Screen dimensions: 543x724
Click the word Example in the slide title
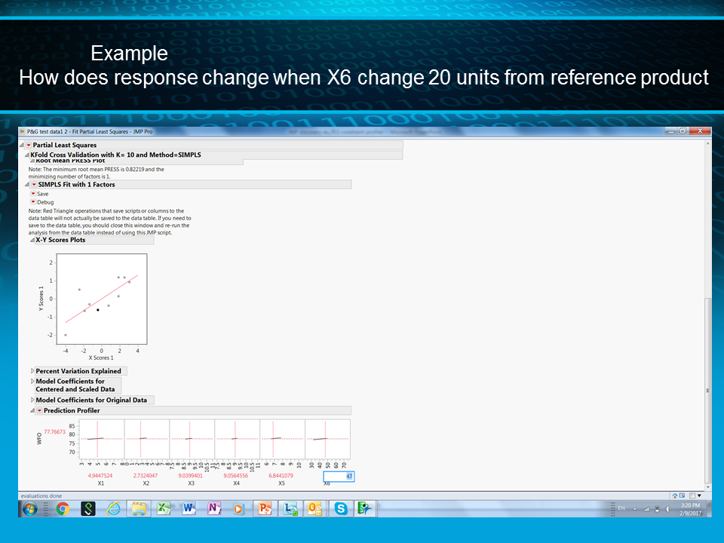pos(129,54)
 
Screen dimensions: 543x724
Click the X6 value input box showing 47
pos(339,476)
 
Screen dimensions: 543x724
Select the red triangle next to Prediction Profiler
pos(39,410)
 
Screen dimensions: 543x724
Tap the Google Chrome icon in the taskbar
pos(63,508)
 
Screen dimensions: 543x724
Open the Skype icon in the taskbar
pos(341,508)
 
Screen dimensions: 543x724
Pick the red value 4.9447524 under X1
pos(100,476)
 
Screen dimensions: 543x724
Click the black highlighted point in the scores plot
pos(98,310)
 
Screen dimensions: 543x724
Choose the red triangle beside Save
pos(33,194)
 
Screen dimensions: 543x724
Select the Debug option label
pos(45,202)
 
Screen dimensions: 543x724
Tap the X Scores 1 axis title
pos(101,357)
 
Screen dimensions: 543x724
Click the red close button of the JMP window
pos(702,130)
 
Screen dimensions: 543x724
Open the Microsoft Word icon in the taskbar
pos(189,508)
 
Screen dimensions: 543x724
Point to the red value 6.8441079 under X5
pos(281,476)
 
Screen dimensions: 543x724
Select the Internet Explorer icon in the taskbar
pos(113,508)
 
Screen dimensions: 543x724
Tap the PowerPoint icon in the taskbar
pos(265,508)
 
